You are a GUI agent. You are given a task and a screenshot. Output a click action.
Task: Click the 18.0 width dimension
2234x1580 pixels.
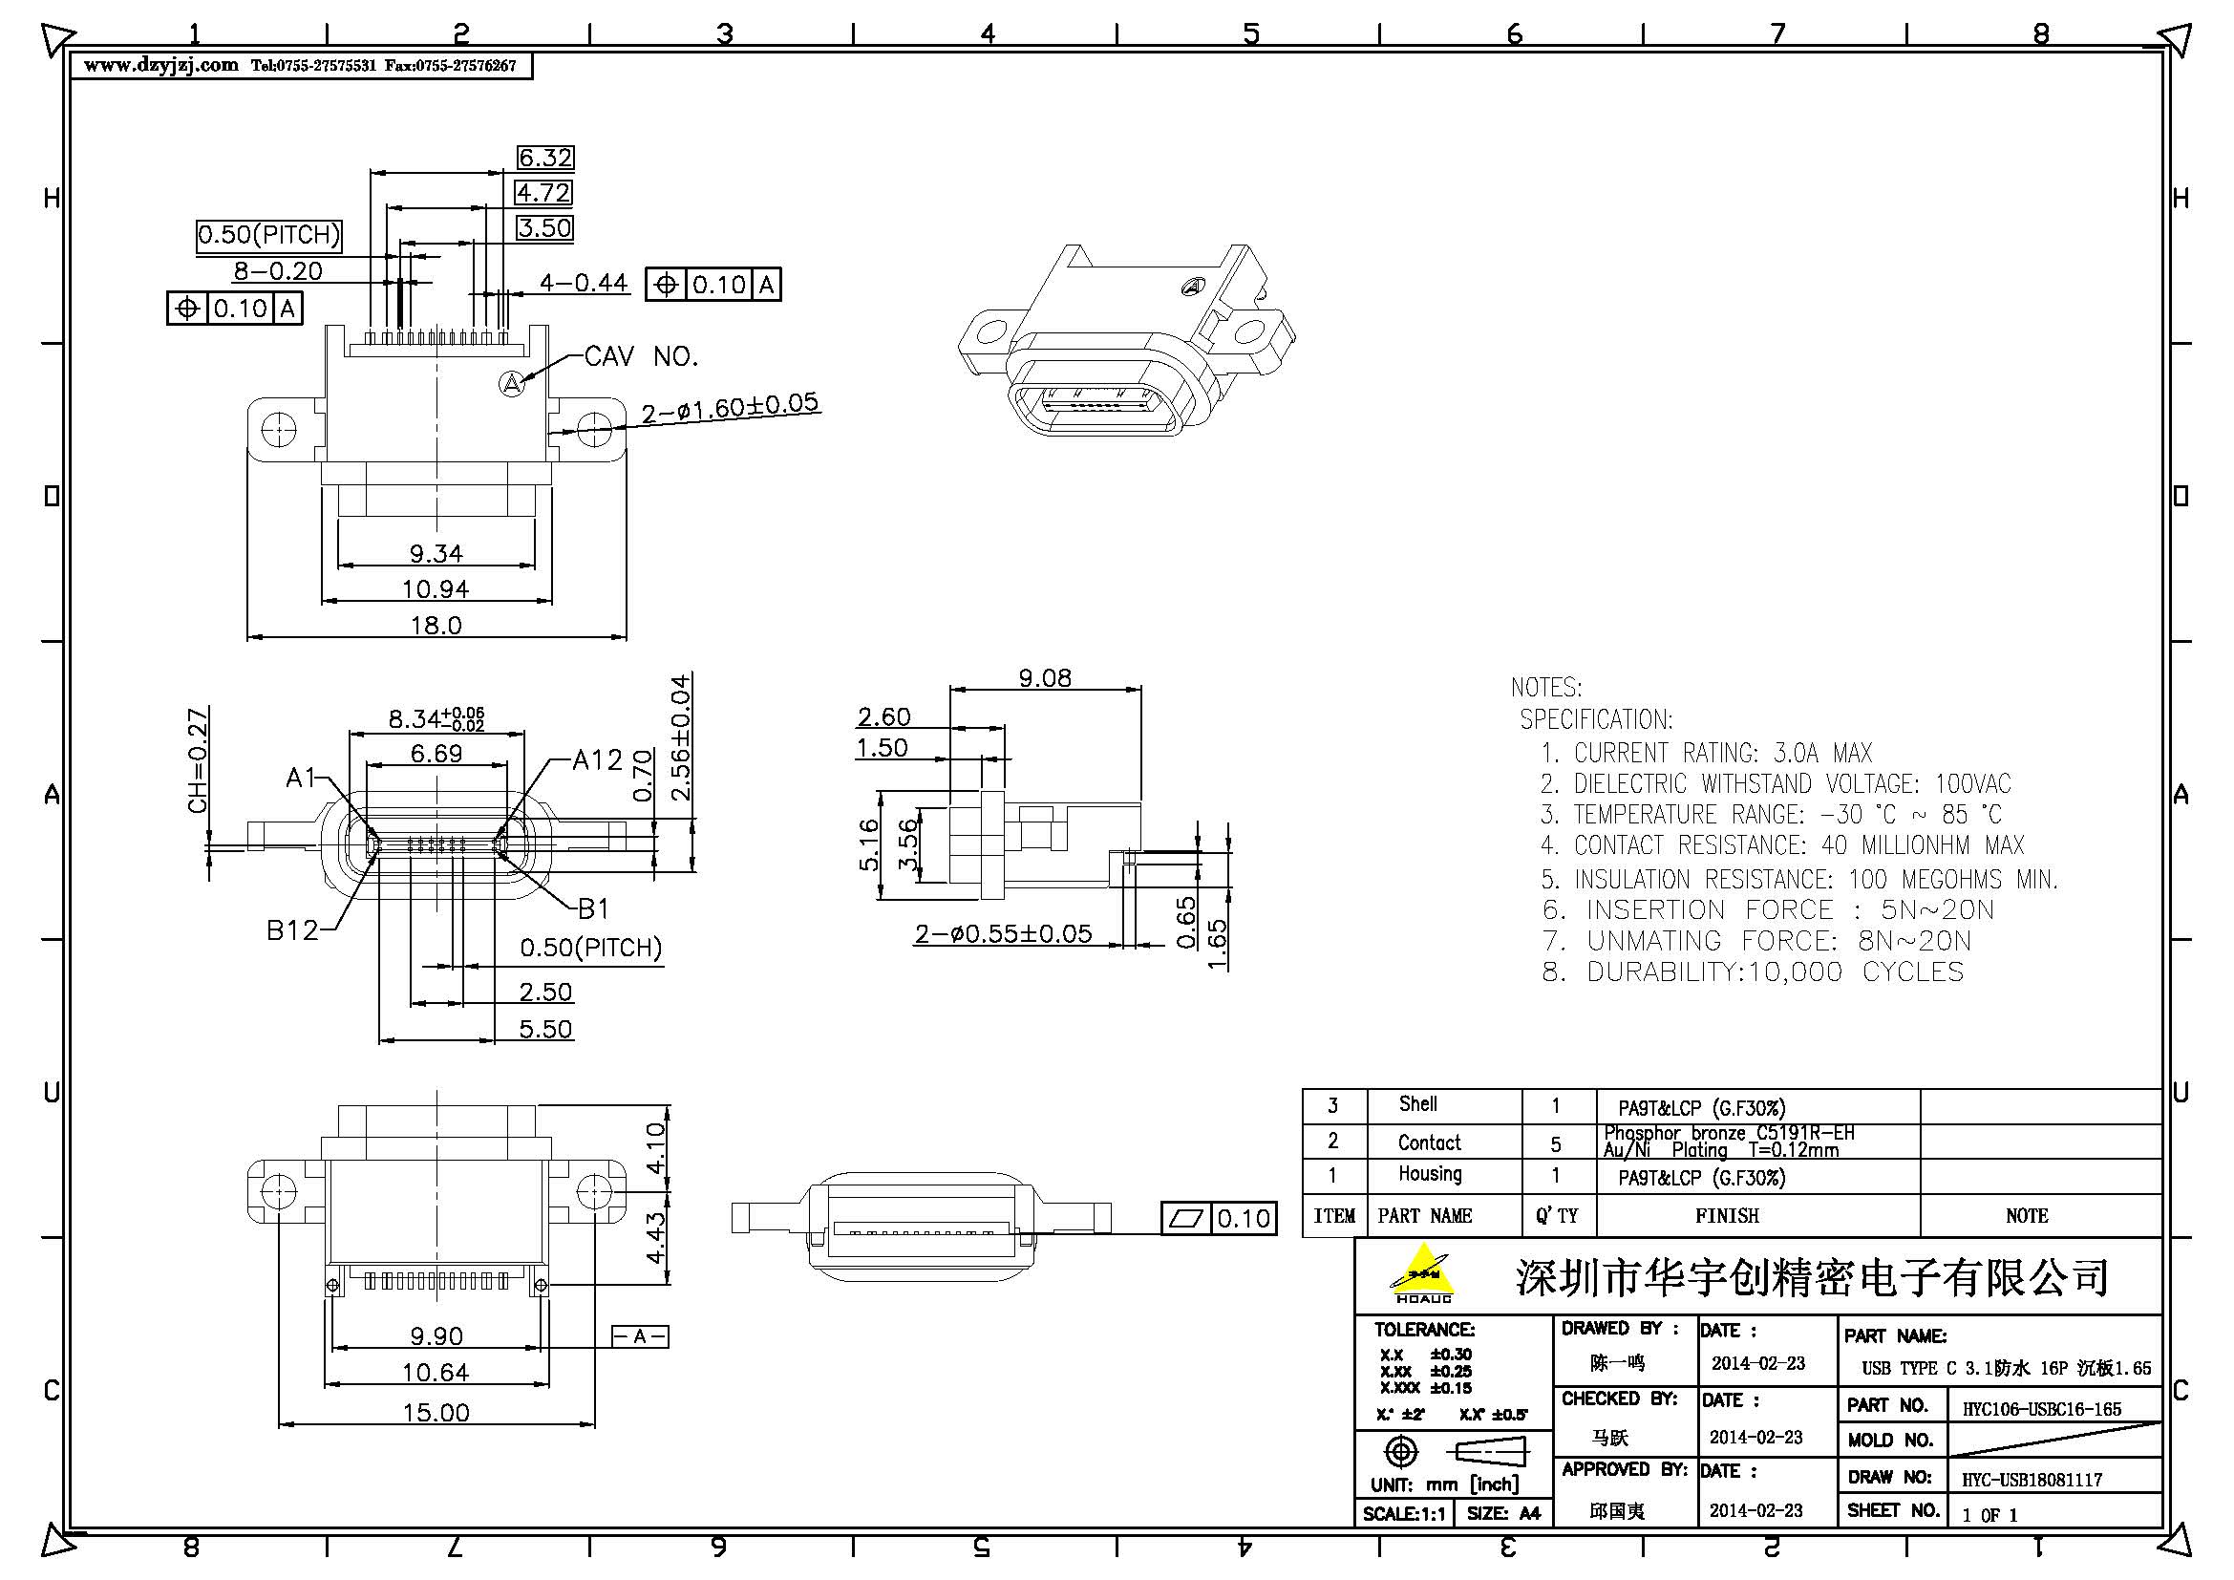click(435, 625)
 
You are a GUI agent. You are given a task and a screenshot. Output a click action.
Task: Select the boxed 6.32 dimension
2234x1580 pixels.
click(544, 158)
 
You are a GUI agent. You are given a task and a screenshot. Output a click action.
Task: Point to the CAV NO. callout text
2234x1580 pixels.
click(641, 356)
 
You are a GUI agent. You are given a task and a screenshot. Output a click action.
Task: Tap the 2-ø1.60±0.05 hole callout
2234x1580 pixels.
click(730, 408)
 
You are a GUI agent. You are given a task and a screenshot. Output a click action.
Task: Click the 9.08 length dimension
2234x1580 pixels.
click(1044, 677)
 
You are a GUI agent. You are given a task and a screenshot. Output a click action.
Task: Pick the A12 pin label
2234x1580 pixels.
click(596, 759)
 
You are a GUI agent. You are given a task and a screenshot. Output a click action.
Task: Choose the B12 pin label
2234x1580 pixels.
click(292, 930)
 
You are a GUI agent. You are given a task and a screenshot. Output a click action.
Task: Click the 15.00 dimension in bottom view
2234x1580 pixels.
click(435, 1412)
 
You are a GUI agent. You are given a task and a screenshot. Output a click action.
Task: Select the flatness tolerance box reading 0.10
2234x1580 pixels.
click(1218, 1218)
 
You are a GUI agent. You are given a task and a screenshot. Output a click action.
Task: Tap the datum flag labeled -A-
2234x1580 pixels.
click(639, 1335)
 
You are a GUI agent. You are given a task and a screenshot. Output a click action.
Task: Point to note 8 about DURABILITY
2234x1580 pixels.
click(1753, 971)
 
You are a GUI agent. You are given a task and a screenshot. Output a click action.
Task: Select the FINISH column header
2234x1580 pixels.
click(1727, 1215)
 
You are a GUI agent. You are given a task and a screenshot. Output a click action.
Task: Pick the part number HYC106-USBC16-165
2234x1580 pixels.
click(2041, 1409)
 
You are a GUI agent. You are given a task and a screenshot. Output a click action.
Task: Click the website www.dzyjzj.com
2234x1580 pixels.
click(161, 65)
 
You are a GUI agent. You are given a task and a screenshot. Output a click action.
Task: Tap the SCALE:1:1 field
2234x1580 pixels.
click(1403, 1514)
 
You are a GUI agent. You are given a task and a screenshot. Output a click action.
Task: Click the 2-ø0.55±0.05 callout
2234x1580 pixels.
click(1002, 934)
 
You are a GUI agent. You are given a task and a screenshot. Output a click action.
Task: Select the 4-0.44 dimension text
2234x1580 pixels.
click(584, 283)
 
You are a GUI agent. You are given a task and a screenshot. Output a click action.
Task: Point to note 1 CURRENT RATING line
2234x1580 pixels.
click(1706, 752)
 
